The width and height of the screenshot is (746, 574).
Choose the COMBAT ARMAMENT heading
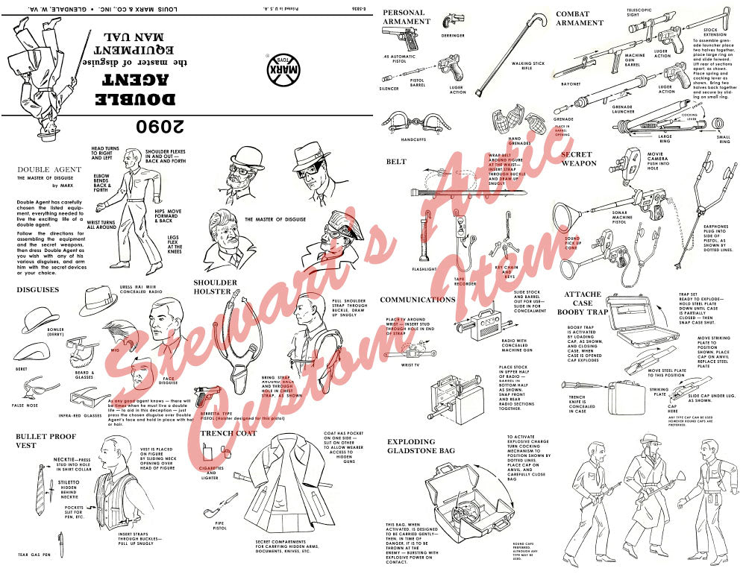(x=580, y=18)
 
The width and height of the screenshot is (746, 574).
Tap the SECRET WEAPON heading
(x=578, y=159)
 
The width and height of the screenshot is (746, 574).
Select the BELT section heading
(x=396, y=161)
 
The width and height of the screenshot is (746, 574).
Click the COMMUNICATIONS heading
(x=418, y=299)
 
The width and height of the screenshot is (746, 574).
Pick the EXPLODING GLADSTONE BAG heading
(x=421, y=447)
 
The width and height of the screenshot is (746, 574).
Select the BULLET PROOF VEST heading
(x=47, y=440)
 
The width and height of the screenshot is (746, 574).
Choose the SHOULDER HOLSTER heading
(x=215, y=287)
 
